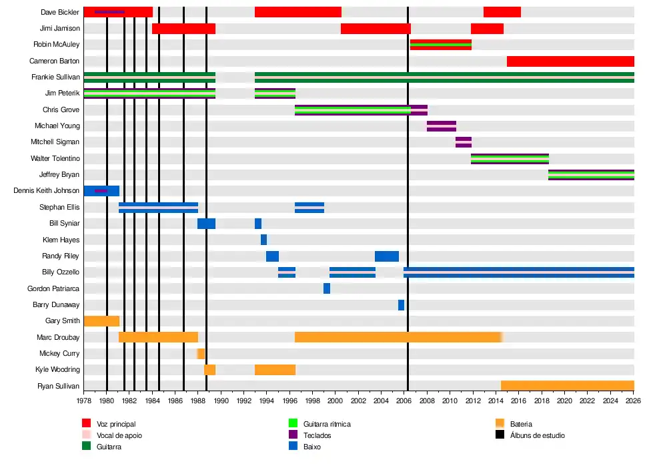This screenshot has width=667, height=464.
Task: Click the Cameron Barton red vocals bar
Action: tap(570, 61)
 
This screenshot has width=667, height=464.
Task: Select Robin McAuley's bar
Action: tap(440, 45)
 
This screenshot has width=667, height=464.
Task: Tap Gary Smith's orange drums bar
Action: tap(101, 321)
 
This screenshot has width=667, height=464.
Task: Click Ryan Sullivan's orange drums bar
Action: tap(567, 386)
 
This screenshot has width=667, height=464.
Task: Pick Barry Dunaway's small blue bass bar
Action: tap(401, 305)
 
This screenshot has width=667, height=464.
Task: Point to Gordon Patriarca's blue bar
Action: tap(327, 288)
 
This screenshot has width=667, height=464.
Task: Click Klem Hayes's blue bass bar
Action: tap(263, 240)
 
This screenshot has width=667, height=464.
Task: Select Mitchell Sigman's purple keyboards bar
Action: tap(464, 142)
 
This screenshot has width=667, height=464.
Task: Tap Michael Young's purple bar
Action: tap(442, 126)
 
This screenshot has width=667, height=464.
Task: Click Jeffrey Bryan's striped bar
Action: tap(591, 175)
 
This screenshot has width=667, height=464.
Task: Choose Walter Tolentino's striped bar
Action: tap(510, 159)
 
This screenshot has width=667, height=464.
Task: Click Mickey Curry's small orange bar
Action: tap(201, 354)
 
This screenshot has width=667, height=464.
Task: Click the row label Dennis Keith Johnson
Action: tap(47, 191)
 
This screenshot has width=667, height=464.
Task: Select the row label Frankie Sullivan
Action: tap(55, 77)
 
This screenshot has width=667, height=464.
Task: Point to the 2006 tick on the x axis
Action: tap(404, 401)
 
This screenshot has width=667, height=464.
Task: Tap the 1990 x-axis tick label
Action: tap(221, 401)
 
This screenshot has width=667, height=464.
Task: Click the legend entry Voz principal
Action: tap(116, 424)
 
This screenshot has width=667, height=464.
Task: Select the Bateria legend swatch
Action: tap(500, 423)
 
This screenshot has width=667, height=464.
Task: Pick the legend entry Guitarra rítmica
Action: tap(327, 424)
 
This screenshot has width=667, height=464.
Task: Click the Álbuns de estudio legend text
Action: tap(537, 435)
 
